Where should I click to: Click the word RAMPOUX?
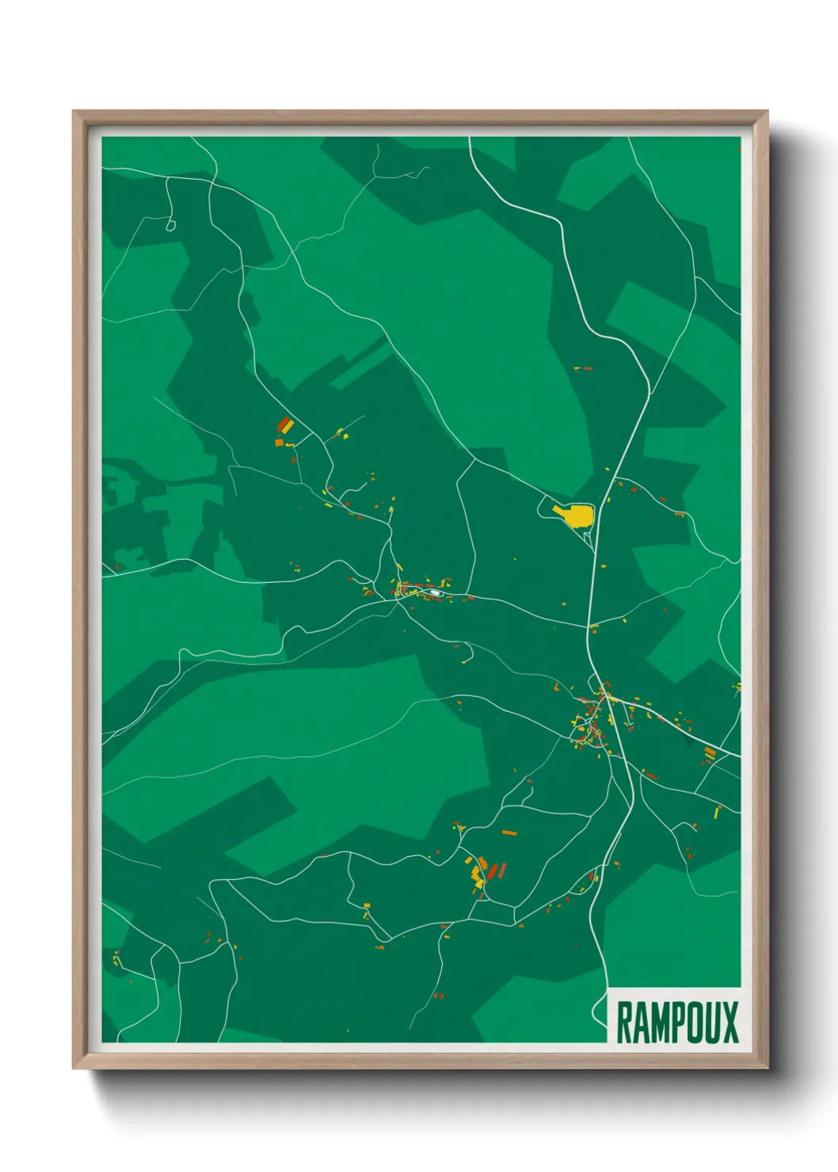tap(676, 1022)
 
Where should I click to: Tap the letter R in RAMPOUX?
tap(623, 1022)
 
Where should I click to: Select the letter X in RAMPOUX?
tap(729, 1022)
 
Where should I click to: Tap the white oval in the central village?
tap(435, 592)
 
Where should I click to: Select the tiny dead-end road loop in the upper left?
tap(170, 226)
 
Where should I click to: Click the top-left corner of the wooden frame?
tap(74, 112)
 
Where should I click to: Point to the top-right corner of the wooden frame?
tap(767, 112)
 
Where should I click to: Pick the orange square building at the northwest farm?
tap(279, 442)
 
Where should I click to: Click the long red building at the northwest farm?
tap(282, 423)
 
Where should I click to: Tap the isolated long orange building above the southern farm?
tap(509, 832)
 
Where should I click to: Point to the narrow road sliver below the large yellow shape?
tap(588, 538)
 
